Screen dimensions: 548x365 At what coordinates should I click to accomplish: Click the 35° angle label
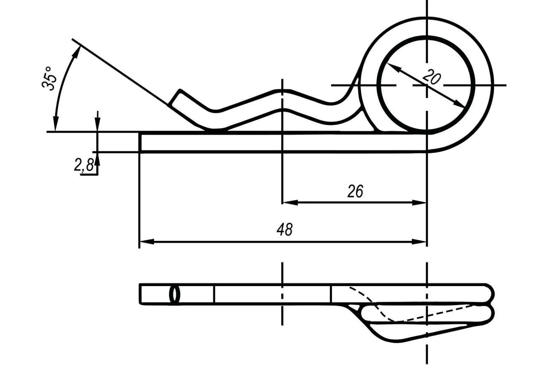click(x=50, y=78)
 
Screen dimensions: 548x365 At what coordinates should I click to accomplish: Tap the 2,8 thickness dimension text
click(x=84, y=165)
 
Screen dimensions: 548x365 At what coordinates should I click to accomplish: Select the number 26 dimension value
click(x=355, y=192)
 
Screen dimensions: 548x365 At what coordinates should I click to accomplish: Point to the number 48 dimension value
click(x=285, y=229)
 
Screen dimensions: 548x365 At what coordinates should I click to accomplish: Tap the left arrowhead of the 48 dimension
click(x=147, y=242)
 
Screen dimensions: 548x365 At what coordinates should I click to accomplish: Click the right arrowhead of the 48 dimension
click(x=419, y=242)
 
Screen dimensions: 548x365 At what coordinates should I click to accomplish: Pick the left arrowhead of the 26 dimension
click(x=290, y=203)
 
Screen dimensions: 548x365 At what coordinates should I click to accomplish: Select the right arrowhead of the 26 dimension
click(x=419, y=203)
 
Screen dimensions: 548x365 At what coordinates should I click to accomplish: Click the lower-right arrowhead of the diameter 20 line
click(x=458, y=104)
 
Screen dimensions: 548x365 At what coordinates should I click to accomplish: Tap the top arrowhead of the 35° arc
click(x=77, y=52)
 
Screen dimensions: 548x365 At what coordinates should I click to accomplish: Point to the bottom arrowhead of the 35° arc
click(x=56, y=124)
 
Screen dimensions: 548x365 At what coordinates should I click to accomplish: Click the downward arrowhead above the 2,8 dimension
click(x=98, y=125)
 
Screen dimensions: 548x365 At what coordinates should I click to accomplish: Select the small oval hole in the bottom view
click(x=174, y=294)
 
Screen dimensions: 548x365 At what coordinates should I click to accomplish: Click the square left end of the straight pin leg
click(x=140, y=142)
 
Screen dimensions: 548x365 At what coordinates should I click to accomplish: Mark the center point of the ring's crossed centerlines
click(x=427, y=85)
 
